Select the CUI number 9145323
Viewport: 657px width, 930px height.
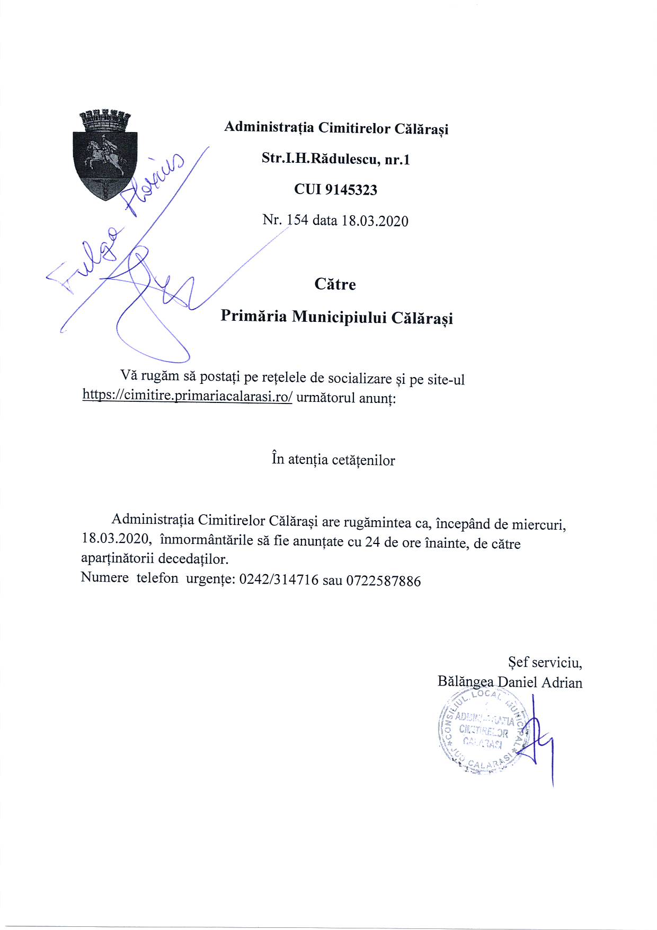coord(351,190)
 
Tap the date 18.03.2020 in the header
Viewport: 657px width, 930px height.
coord(375,221)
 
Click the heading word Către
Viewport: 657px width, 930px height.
coord(335,284)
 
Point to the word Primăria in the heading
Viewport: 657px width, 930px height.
coord(253,316)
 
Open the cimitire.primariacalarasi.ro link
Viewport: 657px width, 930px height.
coord(187,396)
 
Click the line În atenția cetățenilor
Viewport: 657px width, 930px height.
coord(333,459)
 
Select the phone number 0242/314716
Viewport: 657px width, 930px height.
coord(279,580)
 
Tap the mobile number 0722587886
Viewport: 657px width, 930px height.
coord(384,581)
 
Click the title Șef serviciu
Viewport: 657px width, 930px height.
coord(545,662)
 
